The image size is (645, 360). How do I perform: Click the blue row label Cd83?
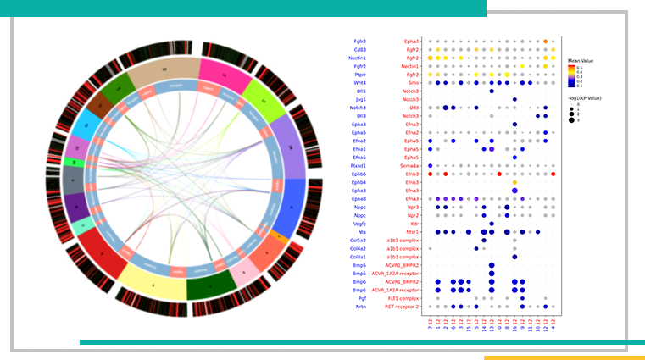click(x=359, y=49)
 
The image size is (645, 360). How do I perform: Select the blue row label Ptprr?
click(x=359, y=74)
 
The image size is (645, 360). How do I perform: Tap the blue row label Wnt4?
click(x=360, y=82)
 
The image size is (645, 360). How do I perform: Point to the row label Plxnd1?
click(x=359, y=165)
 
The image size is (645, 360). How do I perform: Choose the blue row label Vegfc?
click(x=359, y=223)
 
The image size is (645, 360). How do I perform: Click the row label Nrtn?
click(x=360, y=306)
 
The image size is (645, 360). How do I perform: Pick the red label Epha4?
click(x=411, y=41)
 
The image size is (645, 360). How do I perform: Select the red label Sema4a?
click(x=409, y=165)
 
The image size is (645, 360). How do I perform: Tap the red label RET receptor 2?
click(x=402, y=306)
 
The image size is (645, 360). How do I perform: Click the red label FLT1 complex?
click(x=403, y=297)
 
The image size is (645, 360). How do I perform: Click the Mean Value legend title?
click(x=582, y=61)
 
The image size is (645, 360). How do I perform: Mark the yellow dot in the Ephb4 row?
click(x=514, y=182)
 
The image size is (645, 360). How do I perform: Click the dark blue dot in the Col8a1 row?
click(x=514, y=256)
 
